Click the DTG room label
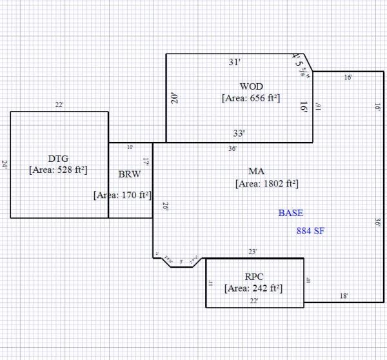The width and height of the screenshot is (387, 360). coord(58,158)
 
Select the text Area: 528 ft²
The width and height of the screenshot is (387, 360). coord(58,170)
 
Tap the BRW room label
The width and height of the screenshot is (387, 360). coord(130,174)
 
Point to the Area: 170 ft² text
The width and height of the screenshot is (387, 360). coord(123,194)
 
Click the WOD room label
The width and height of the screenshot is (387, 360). coord(251,86)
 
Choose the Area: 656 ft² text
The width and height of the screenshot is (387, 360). coord(250,98)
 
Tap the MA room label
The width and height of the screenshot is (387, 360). coord(256,171)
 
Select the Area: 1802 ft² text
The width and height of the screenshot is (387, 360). coord(266,183)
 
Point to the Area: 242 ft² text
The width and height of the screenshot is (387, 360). coord(253,288)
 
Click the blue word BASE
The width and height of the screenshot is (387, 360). coord(290,213)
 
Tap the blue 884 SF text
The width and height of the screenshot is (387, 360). coord(310,230)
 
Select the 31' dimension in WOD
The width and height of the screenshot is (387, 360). coord(235,63)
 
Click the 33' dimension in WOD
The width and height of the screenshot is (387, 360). coord(239,134)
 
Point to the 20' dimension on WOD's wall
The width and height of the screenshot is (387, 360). coord(174,98)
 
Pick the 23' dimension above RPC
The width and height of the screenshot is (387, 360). coord(253,251)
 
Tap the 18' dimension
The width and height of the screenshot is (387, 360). coord(344,295)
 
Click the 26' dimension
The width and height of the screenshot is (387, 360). coord(165,207)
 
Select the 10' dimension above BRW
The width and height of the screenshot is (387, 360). coord(130,147)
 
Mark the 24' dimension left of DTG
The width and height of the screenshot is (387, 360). coord(5,165)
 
